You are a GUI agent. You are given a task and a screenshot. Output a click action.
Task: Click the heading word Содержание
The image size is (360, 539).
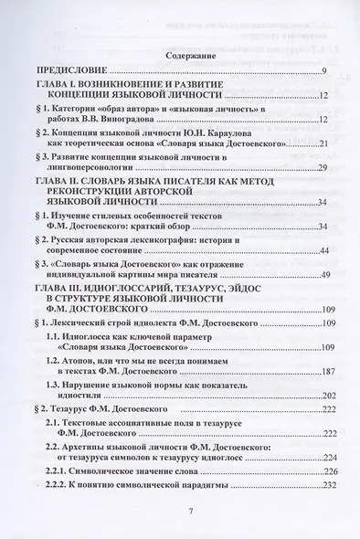179,55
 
